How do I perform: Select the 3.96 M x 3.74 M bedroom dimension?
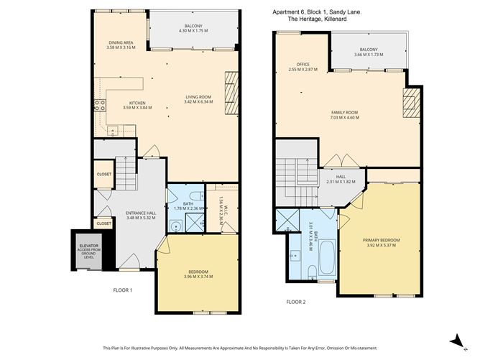point(198,277)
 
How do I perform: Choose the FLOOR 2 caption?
point(295,302)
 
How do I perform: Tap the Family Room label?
point(344,113)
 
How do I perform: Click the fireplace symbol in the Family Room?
point(410,103)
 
